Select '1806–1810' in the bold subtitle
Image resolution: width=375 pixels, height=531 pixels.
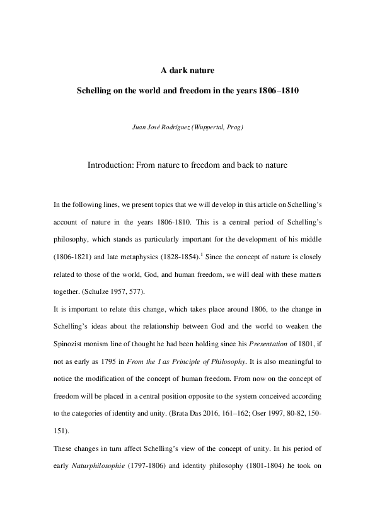(x=278, y=90)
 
